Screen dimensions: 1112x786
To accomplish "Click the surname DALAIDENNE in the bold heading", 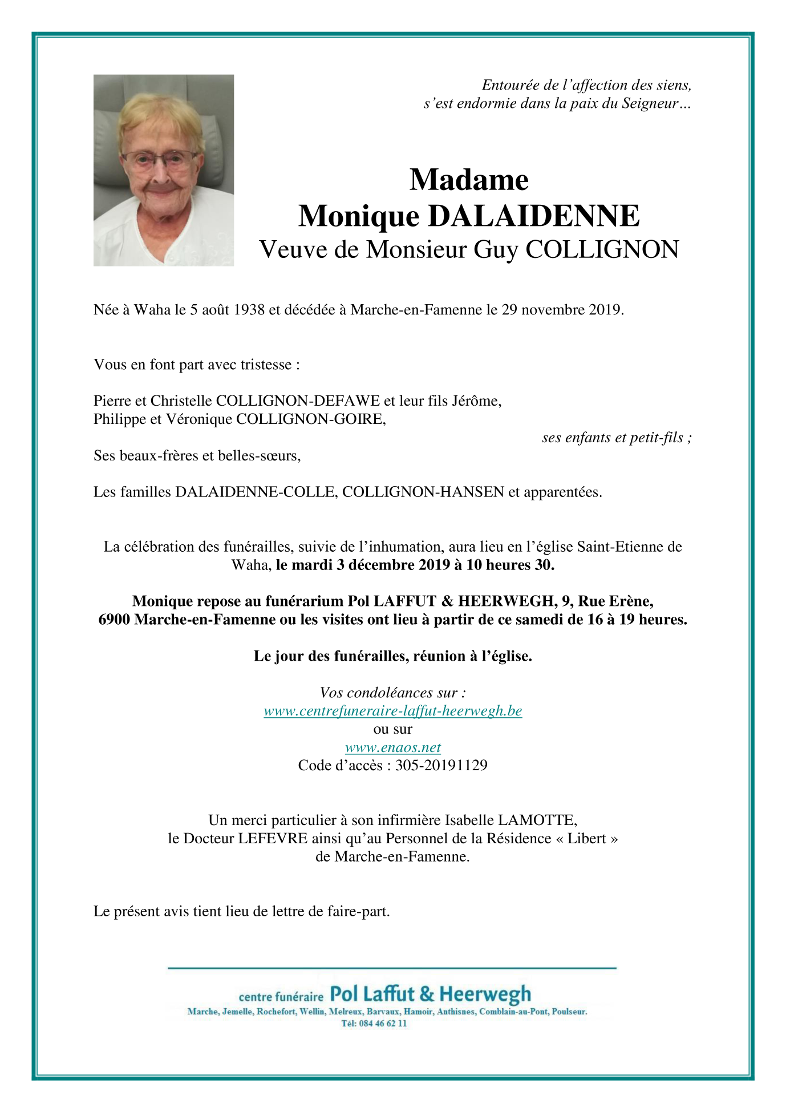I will tap(533, 216).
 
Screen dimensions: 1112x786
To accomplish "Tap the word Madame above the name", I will tap(469, 180).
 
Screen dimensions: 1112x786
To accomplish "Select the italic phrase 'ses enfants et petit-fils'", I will tap(613, 438).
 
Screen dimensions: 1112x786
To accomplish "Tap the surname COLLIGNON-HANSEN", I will tap(423, 492).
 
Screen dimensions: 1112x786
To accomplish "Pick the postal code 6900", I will tap(114, 620).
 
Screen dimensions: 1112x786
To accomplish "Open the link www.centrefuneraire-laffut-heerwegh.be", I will tap(392, 711).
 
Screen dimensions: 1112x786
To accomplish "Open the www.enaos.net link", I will tap(392, 747).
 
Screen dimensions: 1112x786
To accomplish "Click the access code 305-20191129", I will tap(441, 766).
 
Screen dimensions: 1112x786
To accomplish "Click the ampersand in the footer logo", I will tap(427, 994).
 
